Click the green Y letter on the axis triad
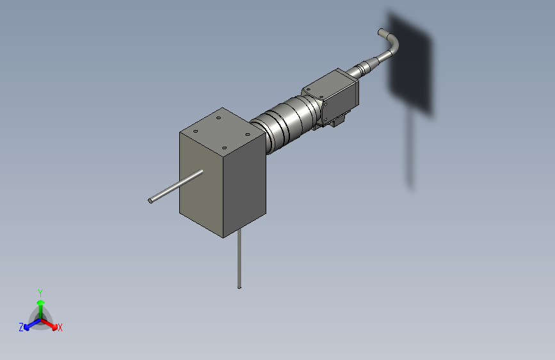tap(40, 292)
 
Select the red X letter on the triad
tap(60, 327)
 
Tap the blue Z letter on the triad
tap(21, 327)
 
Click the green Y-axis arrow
tap(40, 305)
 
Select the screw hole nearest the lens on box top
tap(247, 135)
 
